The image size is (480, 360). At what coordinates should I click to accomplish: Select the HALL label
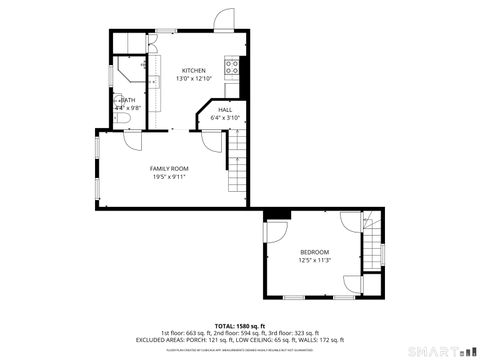pos(225,110)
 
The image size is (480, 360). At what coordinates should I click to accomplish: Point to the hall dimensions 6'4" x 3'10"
pos(225,118)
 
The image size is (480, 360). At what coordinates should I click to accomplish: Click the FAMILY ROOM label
pos(169,168)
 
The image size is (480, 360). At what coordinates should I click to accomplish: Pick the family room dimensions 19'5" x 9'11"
pos(169,176)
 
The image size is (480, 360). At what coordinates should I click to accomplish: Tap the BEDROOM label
pos(314,251)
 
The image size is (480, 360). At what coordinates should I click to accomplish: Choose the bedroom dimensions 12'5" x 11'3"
pos(314,259)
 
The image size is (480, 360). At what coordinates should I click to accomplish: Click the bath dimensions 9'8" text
pos(128,107)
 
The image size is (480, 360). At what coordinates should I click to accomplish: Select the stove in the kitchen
pos(232,68)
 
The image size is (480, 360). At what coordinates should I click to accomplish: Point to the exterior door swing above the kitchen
pos(222,21)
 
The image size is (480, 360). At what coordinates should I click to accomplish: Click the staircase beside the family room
pos(237,165)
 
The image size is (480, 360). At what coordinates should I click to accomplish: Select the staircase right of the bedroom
pos(372,254)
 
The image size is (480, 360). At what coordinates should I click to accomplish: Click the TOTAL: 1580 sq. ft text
pos(240,326)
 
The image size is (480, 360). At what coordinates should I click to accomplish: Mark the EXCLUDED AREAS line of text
pos(240,340)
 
